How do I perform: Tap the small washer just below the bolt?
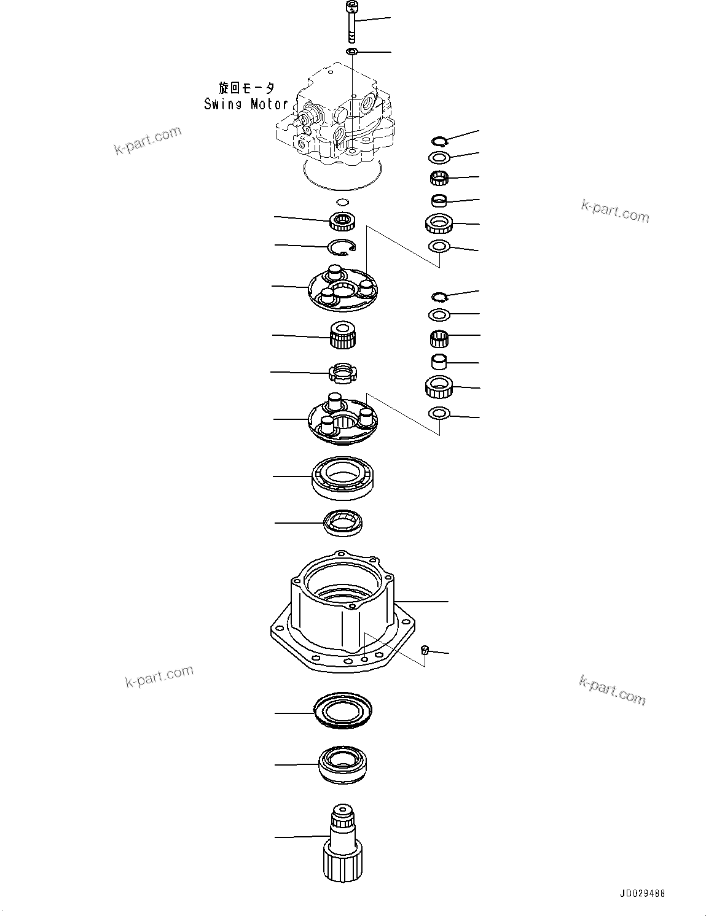coord(351,52)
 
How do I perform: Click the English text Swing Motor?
coord(246,104)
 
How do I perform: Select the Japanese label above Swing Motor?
coord(246,88)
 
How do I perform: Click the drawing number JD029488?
coord(637,893)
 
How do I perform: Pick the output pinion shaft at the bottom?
coord(342,850)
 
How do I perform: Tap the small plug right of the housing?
coord(424,650)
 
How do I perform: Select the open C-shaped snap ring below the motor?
coord(342,247)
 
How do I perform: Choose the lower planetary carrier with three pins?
coord(343,421)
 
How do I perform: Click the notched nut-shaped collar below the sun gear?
coord(343,372)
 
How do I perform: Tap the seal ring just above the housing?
coord(343,522)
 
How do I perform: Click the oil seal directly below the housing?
coord(343,712)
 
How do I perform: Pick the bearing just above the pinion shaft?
coord(342,764)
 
